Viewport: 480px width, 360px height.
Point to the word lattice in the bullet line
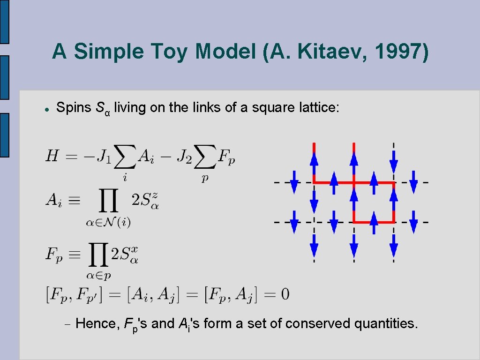click(x=319, y=107)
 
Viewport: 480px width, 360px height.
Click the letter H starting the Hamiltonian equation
click(x=52, y=156)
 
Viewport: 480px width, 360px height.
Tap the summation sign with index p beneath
click(x=204, y=157)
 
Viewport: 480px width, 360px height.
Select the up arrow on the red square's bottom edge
click(x=374, y=222)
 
